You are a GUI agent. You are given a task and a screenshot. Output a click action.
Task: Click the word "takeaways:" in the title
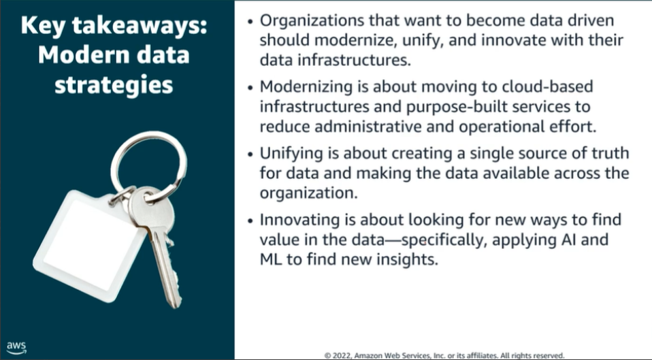pyautogui.click(x=140, y=26)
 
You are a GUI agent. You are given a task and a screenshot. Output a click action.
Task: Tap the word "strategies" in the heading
pyautogui.click(x=114, y=85)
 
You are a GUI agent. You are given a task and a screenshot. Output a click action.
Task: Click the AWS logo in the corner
pyautogui.click(x=16, y=348)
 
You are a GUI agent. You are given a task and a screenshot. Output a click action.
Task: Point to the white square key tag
pyautogui.click(x=85, y=245)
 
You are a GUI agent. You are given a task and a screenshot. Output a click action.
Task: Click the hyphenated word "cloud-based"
pyautogui.click(x=547, y=86)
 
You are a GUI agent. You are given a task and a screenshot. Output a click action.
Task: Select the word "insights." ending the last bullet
pyautogui.click(x=408, y=260)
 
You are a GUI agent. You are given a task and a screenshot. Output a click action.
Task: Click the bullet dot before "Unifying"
pyautogui.click(x=250, y=154)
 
